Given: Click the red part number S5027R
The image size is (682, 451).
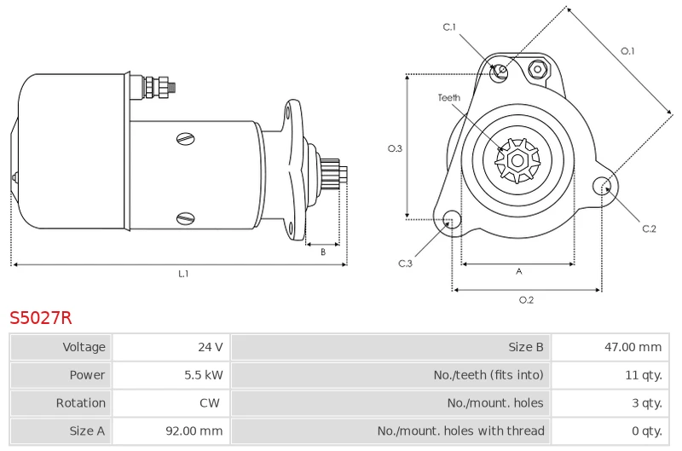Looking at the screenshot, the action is (40, 318).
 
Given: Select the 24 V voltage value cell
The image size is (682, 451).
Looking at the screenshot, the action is (211, 347).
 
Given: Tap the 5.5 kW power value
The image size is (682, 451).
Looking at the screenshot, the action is (204, 375).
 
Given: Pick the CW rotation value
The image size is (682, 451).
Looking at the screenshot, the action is (210, 402).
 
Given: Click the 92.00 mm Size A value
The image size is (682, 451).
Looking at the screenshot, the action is (194, 431).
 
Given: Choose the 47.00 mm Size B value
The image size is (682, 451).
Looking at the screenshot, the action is (633, 347).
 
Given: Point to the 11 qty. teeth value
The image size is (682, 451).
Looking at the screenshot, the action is (644, 375).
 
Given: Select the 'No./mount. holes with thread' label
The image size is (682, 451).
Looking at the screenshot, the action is (460, 431).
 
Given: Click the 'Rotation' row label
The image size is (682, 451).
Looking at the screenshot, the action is (80, 402).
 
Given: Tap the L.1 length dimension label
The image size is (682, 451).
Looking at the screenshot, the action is (183, 274).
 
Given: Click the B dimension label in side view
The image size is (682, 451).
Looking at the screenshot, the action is (323, 252).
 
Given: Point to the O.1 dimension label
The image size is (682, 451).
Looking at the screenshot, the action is (627, 51).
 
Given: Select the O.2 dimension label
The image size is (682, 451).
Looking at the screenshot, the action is (526, 299).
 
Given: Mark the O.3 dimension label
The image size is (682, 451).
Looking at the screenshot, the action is (395, 148).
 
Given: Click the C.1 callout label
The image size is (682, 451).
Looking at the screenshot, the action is (449, 27).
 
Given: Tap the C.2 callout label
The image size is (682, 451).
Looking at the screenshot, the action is (649, 228).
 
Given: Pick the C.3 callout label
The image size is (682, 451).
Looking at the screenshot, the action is (405, 263).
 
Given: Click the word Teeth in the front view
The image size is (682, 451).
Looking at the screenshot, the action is (449, 97).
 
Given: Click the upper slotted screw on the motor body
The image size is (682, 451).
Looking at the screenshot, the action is (186, 139).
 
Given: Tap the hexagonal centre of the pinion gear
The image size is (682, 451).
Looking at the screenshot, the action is (517, 160).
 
